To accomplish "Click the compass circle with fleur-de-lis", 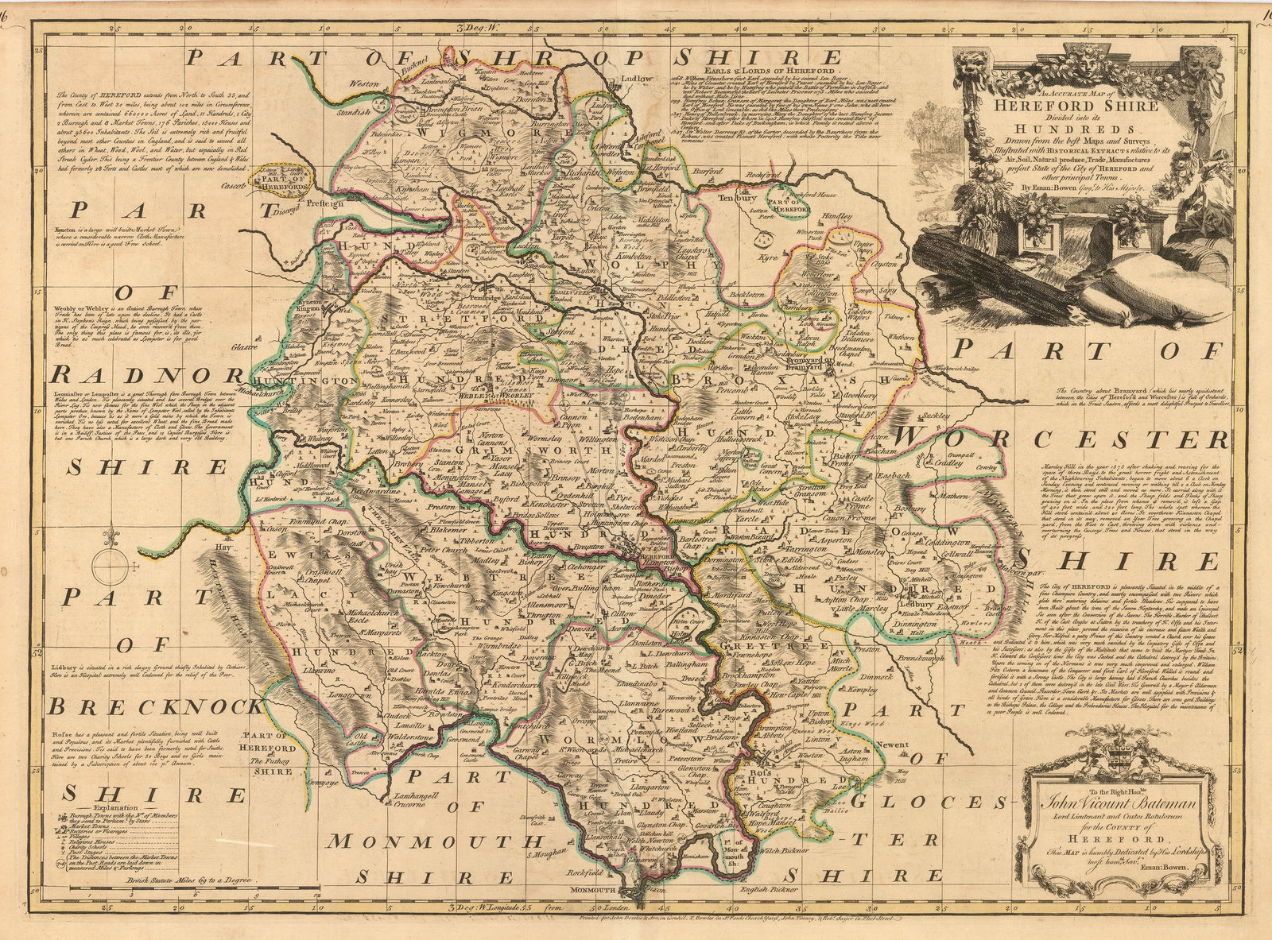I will pos(107,569).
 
